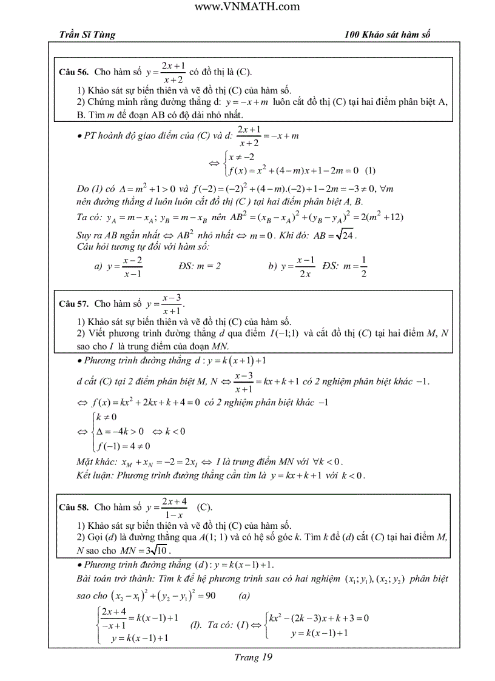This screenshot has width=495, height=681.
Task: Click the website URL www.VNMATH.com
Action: pos(247,7)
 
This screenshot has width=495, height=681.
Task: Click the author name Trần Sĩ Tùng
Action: pos(82,35)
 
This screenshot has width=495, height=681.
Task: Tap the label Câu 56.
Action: pos(74,72)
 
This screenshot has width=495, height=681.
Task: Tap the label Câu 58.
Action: pos(74,507)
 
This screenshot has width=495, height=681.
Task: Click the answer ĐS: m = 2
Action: pos(200,266)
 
